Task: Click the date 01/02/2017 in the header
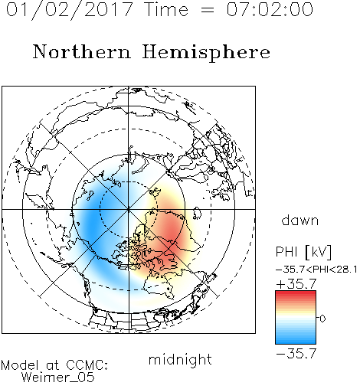69,10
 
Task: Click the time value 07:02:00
270,10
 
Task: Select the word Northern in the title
82,51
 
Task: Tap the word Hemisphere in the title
206,53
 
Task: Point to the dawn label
300,220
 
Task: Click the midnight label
180,359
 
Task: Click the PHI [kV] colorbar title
303,252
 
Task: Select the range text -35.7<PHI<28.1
316,270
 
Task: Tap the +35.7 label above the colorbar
296,284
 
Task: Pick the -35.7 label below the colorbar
296,354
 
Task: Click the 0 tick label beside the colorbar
322,319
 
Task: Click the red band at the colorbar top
296,294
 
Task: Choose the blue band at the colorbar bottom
296,341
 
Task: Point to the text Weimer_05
57,378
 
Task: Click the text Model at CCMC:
54,365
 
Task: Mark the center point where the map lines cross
129,209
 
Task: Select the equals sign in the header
208,10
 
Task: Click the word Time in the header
166,10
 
